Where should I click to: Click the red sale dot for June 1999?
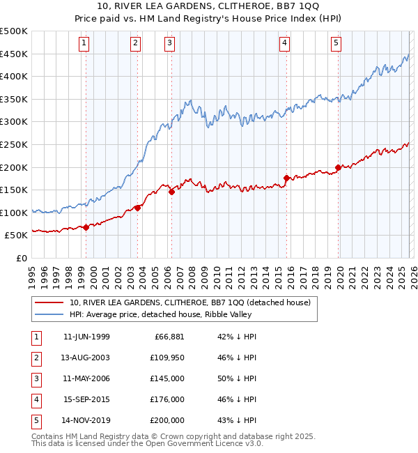pos(86,227)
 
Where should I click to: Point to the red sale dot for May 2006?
pos(171,192)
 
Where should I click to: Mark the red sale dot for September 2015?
pos(286,178)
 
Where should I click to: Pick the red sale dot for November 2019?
pos(338,167)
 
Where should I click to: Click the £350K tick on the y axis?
pos(14,100)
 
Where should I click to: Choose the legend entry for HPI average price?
pos(161,314)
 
